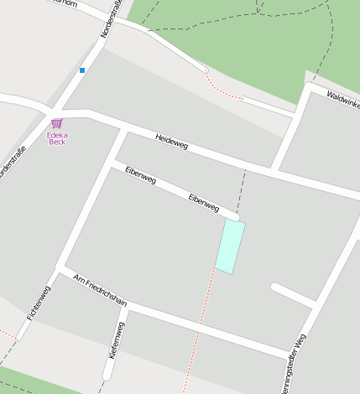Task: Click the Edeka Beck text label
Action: pyautogui.click(x=56, y=138)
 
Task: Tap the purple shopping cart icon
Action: pyautogui.click(x=56, y=123)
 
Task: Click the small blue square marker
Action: pyautogui.click(x=82, y=70)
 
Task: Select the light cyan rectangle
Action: pyautogui.click(x=230, y=246)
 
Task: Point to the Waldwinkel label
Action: pyautogui.click(x=343, y=100)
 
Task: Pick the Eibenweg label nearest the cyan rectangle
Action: pyautogui.click(x=204, y=202)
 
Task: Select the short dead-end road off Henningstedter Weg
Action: pyautogui.click(x=292, y=295)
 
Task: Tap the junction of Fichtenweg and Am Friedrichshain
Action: pyautogui.click(x=59, y=269)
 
